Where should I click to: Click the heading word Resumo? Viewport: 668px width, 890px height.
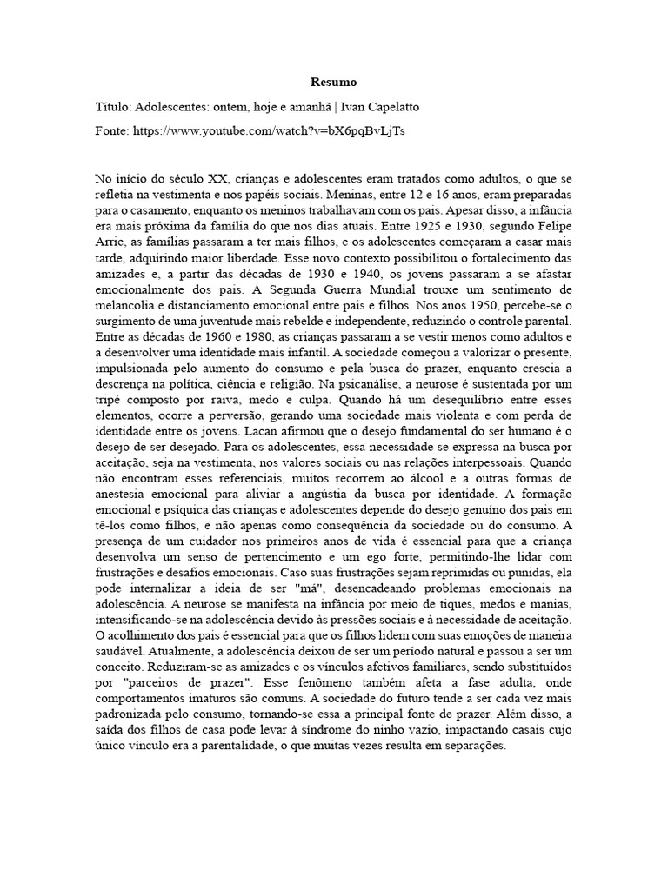click(x=333, y=83)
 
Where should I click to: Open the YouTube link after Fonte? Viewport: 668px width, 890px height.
click(x=269, y=131)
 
